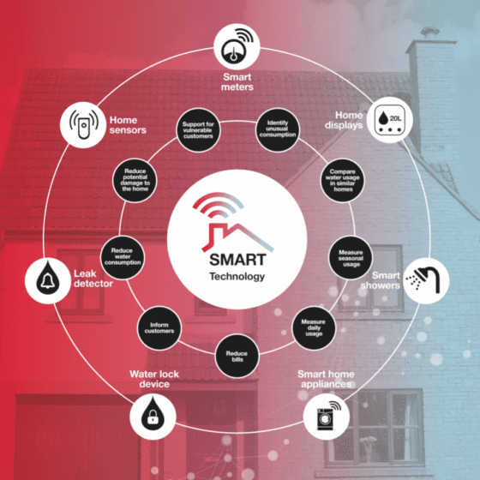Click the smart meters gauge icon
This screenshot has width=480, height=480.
pos(237,46)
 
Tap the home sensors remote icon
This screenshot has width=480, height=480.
pos(83,125)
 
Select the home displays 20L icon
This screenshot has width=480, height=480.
pos(390,120)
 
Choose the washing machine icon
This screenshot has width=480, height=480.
pos(327,417)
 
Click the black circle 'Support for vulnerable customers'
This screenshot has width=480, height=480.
pos(198,130)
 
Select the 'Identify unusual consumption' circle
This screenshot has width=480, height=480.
pos(278,129)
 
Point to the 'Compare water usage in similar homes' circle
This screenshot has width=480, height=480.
pos(343,180)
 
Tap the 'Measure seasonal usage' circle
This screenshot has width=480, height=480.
pos(351,258)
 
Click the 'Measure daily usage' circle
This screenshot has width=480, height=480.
pos(314,327)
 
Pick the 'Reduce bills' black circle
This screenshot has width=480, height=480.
pos(237,356)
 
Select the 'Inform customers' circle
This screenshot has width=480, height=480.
pos(159,327)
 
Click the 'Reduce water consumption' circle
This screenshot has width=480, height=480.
pos(123,258)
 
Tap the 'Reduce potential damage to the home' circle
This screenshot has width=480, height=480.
pos(135,180)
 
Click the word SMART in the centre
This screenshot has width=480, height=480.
pos(237,260)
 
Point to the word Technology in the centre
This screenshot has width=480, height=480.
pos(237,277)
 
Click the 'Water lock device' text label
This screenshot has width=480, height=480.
pos(154,379)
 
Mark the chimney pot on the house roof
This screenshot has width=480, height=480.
pos(429,33)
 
